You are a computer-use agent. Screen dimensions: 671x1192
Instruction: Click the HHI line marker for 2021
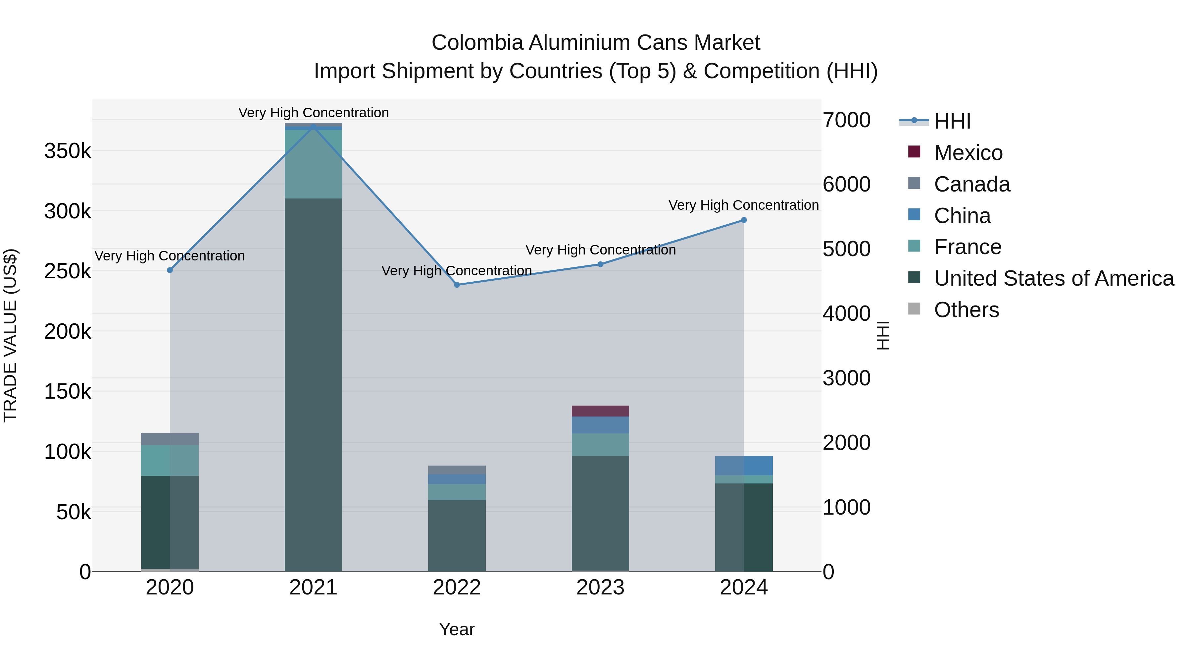pos(313,126)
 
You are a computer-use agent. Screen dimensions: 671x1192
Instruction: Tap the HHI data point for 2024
pos(744,220)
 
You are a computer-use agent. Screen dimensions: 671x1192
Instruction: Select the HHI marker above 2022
pos(457,285)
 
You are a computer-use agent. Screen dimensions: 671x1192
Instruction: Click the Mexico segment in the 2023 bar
pos(600,411)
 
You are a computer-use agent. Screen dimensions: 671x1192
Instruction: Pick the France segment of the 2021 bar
pos(313,164)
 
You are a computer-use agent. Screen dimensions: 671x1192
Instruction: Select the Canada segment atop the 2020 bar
pos(170,439)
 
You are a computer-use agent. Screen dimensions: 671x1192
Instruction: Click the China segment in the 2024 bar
pos(744,466)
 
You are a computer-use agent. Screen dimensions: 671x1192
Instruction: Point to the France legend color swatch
pos(914,246)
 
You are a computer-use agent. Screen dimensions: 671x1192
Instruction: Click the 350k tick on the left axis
pos(68,151)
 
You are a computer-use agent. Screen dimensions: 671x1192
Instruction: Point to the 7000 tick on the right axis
pos(846,120)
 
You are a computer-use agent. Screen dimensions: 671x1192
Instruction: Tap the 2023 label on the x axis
pos(600,587)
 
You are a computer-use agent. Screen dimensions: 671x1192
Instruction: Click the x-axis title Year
pos(457,629)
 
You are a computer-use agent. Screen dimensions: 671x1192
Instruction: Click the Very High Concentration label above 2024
pos(744,205)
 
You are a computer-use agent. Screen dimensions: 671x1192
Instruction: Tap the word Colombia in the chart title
pos(477,43)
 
